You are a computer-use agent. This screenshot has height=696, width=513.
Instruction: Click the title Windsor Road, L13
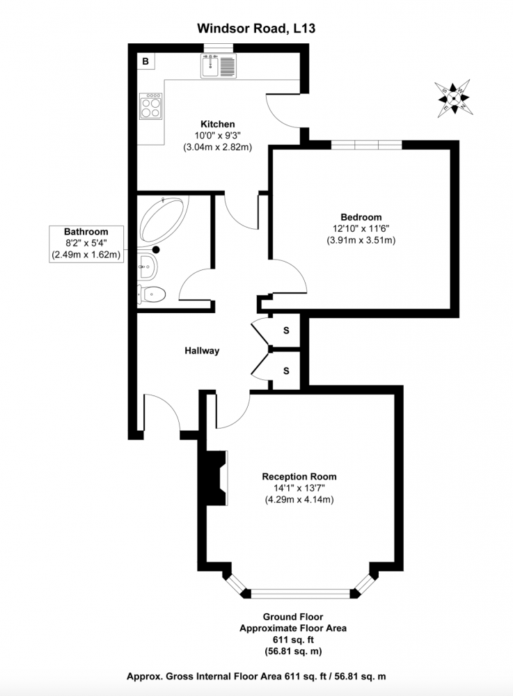256,29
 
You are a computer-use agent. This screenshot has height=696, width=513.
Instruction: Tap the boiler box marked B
145,61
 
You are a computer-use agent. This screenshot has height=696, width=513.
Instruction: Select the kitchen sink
219,65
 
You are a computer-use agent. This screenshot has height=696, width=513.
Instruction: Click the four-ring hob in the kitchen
150,106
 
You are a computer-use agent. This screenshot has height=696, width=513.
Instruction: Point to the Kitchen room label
217,124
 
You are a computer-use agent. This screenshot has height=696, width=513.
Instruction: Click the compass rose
454,98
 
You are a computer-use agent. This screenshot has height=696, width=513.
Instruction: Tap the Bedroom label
361,217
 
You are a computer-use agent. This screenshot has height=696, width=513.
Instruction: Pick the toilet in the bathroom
151,294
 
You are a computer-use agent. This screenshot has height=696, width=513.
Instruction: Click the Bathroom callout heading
86,231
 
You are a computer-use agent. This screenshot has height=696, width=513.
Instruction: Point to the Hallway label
202,351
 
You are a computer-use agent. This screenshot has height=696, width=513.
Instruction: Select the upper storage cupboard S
286,330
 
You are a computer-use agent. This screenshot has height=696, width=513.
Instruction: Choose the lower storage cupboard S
286,371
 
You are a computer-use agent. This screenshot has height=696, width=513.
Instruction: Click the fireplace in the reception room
216,477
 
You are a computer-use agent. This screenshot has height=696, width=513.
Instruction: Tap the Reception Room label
299,477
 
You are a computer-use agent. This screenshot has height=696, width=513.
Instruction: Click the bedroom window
367,145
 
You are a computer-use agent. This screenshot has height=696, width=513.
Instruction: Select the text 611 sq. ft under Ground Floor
293,640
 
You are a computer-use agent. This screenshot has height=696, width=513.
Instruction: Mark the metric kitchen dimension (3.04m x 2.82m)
217,147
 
